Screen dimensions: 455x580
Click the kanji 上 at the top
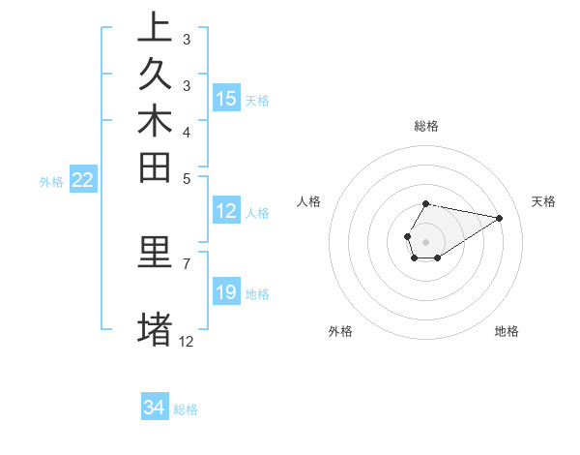(x=156, y=27)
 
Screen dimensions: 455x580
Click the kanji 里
(x=156, y=253)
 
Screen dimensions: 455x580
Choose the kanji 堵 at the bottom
(x=156, y=327)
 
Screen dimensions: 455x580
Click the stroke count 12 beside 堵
(x=187, y=341)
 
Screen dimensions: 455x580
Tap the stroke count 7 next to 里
(x=187, y=262)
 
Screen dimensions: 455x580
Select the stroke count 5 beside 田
(x=187, y=178)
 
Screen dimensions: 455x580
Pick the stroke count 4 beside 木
(x=187, y=132)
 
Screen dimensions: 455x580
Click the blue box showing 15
(x=226, y=99)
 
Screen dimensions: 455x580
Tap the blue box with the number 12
(x=226, y=212)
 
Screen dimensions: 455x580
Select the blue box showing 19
(x=226, y=292)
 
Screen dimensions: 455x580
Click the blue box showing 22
(x=83, y=180)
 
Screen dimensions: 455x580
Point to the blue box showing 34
(x=154, y=408)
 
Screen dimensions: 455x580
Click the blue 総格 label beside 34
(x=186, y=409)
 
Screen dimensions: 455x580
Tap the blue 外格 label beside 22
(x=51, y=181)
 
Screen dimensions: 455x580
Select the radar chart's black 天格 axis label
(x=543, y=201)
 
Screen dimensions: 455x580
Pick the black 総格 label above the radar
(x=426, y=126)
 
